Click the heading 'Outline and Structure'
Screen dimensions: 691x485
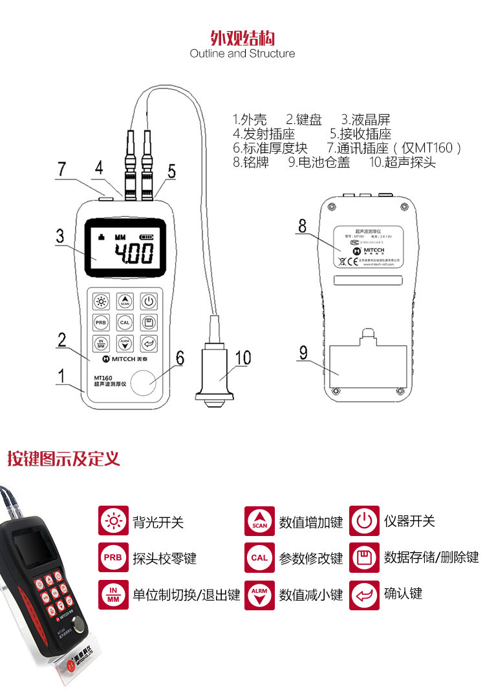point(242,54)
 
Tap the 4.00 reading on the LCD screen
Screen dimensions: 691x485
point(134,254)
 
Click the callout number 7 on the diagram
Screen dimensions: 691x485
point(61,169)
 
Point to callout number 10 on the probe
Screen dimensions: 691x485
point(242,357)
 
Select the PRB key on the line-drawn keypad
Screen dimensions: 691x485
point(101,322)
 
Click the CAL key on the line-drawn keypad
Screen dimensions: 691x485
point(125,322)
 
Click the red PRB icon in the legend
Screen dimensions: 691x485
point(113,557)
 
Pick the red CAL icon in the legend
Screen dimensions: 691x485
point(259,557)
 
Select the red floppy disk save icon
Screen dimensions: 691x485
point(364,557)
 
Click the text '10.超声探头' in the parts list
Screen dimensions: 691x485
point(402,163)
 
